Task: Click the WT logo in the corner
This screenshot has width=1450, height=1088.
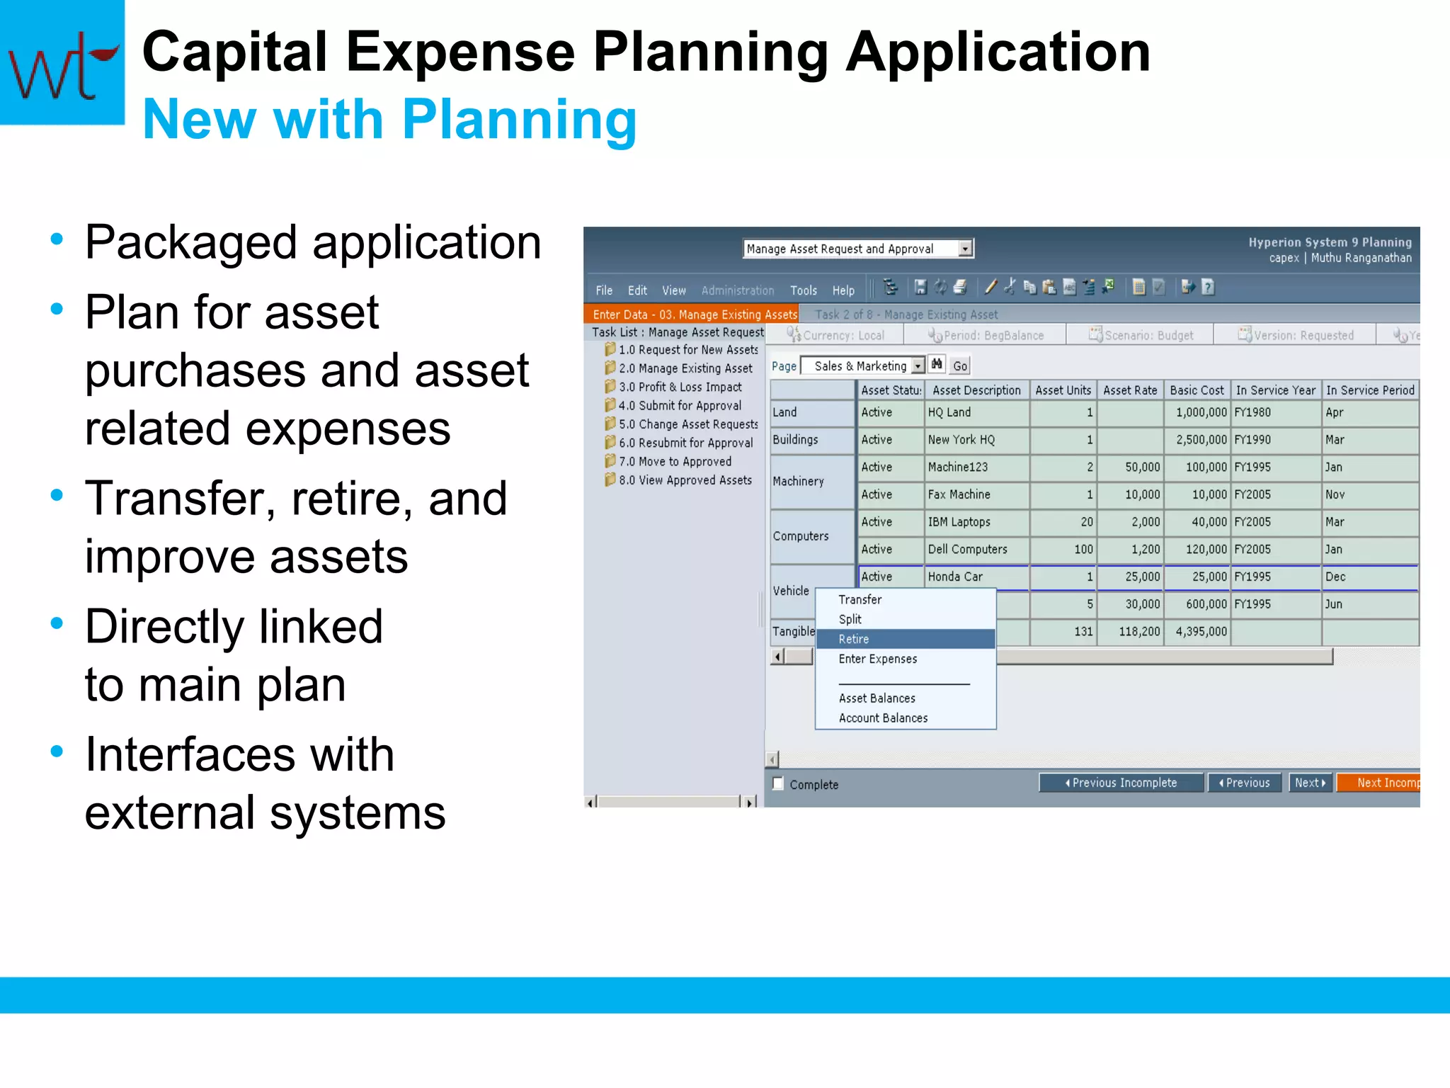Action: coord(62,62)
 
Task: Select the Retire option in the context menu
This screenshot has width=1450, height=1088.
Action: coord(854,639)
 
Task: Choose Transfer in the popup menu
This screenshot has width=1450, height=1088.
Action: coord(860,599)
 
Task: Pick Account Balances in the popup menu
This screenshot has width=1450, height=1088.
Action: coord(883,718)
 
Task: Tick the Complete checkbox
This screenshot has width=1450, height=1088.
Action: coord(778,783)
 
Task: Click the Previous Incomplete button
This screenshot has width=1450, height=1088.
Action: coord(1121,783)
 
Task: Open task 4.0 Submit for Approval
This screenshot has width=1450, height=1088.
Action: coord(680,405)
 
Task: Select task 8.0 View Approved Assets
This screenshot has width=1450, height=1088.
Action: coord(685,480)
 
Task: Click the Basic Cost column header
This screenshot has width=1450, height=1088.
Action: coord(1196,390)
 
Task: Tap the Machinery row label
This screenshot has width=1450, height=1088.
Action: coord(798,482)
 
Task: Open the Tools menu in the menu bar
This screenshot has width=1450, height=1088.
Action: coord(803,290)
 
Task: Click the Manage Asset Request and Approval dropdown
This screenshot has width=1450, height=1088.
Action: coord(858,249)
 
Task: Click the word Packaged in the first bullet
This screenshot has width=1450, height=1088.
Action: coord(190,243)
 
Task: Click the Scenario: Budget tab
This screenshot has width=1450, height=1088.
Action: coord(1141,335)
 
